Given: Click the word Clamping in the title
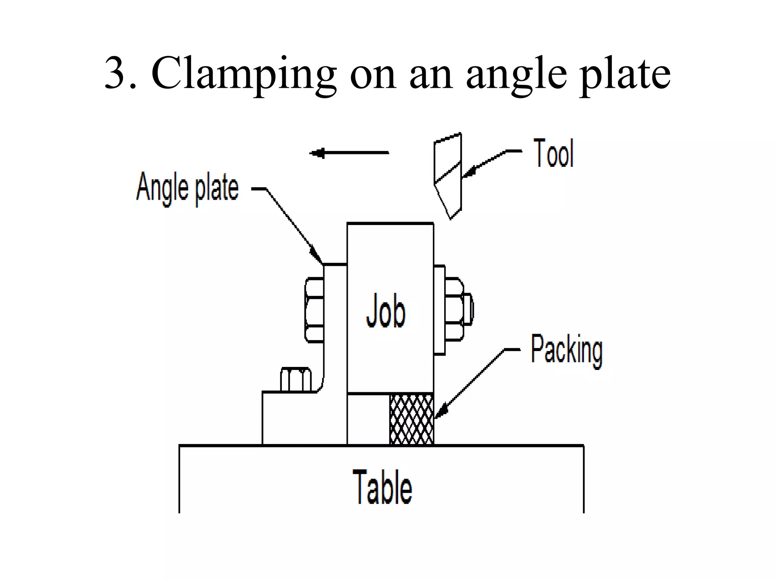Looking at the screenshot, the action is pyautogui.click(x=244, y=74).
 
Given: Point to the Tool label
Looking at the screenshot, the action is pyautogui.click(x=554, y=153).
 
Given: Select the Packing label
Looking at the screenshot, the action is pyautogui.click(x=566, y=351).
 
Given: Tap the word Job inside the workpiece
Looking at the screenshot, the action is pyautogui.click(x=386, y=312).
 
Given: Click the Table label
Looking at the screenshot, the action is pyautogui.click(x=382, y=486).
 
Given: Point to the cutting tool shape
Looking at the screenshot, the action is pyautogui.click(x=448, y=176).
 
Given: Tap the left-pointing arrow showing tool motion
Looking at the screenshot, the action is pyautogui.click(x=349, y=153).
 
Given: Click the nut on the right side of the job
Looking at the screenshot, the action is pyautogui.click(x=454, y=310).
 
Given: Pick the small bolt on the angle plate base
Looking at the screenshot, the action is pyautogui.click(x=296, y=379).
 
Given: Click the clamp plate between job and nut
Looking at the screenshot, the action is pyautogui.click(x=439, y=310).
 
